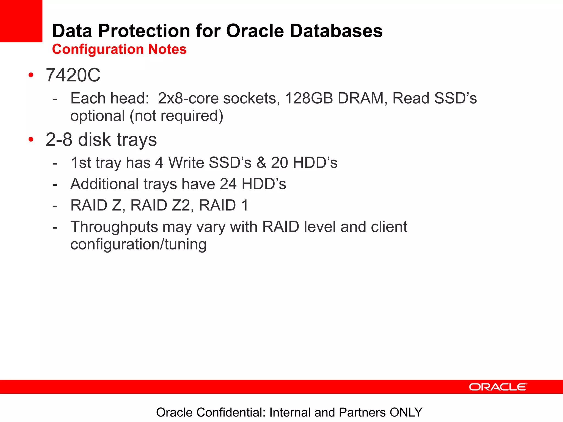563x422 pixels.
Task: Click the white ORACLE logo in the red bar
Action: click(498, 387)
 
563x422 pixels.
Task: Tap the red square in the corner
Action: click(21, 21)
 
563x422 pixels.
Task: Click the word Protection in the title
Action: click(144, 31)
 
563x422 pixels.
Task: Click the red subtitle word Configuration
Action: click(98, 49)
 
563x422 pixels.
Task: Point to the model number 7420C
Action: click(73, 75)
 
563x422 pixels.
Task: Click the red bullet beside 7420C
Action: click(31, 75)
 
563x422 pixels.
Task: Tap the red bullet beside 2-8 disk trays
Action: click(31, 139)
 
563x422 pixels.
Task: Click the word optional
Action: click(98, 116)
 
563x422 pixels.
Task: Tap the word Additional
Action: click(104, 184)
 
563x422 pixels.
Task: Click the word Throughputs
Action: click(114, 227)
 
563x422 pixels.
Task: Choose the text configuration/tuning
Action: click(138, 244)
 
